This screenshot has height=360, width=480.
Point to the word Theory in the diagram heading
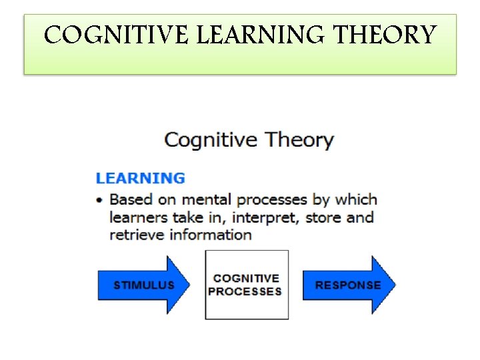click(x=299, y=141)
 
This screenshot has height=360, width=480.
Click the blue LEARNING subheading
click(x=141, y=178)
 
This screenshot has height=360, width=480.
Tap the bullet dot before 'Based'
click(x=100, y=200)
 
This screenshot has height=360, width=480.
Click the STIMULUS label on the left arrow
click(x=143, y=285)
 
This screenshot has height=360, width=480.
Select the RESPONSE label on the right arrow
click(x=348, y=285)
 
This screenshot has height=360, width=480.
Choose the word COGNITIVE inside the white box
click(x=246, y=279)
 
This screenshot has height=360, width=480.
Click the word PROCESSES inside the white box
click(x=245, y=291)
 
